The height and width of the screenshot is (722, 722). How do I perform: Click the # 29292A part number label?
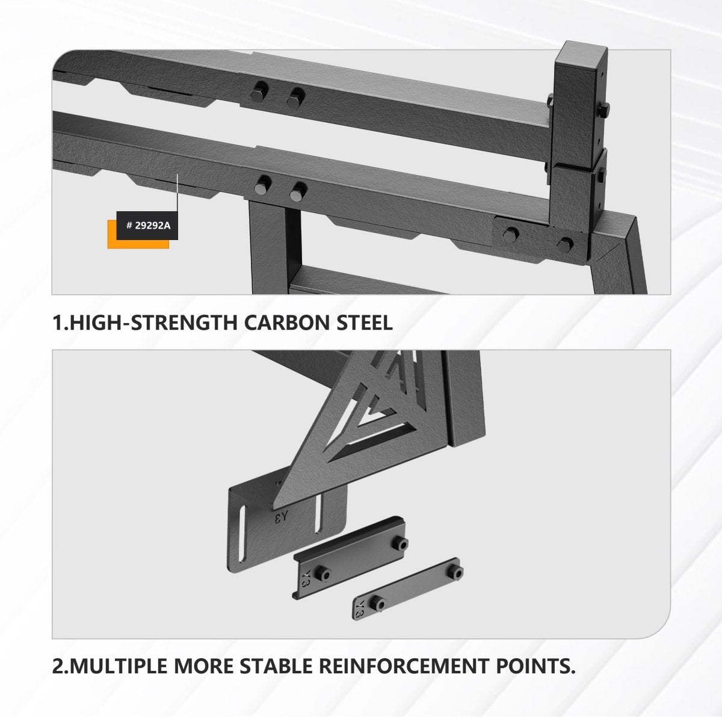click(x=147, y=226)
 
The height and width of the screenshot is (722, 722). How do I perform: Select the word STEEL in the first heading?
click(x=363, y=322)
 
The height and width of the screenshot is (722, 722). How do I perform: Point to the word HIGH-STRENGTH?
click(x=154, y=322)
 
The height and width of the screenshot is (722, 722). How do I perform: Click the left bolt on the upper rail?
click(x=259, y=92)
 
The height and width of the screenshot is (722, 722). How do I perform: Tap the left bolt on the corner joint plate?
click(x=511, y=234)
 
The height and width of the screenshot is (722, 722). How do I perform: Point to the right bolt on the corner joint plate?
click(x=565, y=245)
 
